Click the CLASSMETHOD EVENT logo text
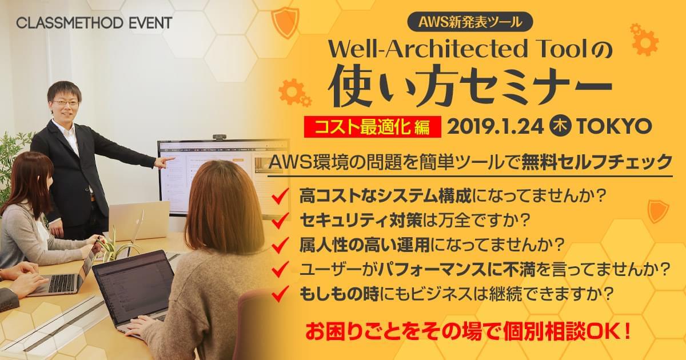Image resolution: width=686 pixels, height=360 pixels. pos(94,23)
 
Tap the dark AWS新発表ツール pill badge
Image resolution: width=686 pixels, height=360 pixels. pos(470,22)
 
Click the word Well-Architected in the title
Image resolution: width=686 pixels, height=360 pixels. pos(428,49)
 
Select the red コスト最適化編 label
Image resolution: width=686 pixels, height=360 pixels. pos(372,127)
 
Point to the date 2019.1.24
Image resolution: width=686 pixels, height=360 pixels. pos(496,126)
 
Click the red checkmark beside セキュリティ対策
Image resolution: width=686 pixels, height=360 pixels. pos(280,220)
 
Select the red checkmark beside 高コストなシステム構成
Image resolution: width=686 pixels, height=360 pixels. pos(280,196)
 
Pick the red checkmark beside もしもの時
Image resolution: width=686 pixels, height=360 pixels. pos(280,294)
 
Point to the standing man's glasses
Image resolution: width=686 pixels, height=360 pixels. pos(66,102)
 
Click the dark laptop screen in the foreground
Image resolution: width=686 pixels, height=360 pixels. pos(134,286)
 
